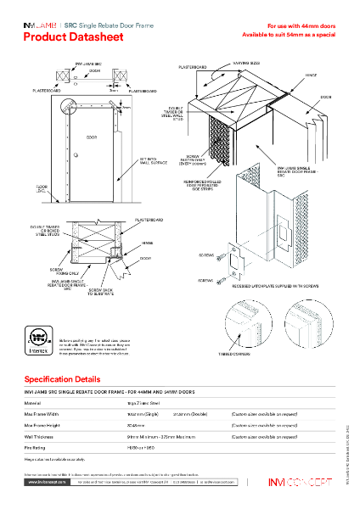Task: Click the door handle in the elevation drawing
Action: coord(75,154)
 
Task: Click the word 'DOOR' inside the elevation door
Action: coord(92,135)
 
